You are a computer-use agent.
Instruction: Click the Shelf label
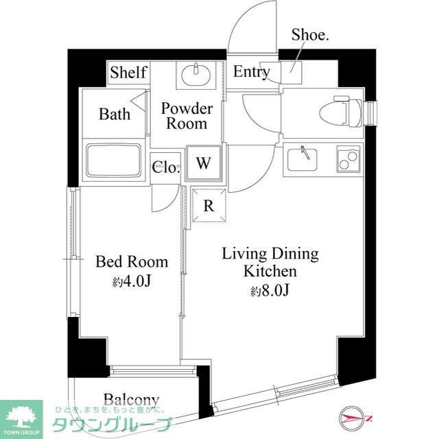click(x=128, y=72)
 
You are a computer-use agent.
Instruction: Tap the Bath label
click(x=114, y=113)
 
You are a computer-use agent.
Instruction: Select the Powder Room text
click(x=187, y=116)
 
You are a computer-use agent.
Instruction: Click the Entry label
click(x=251, y=72)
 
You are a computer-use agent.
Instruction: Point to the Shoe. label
click(x=310, y=35)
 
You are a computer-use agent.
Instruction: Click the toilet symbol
click(x=341, y=109)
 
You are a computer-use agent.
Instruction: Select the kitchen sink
click(x=307, y=159)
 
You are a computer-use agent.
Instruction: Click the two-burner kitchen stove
click(x=348, y=159)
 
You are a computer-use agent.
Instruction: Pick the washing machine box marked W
click(x=203, y=163)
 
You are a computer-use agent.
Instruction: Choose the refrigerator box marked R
click(x=209, y=206)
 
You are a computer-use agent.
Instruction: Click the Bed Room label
click(x=132, y=261)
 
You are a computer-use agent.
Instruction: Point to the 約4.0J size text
click(x=131, y=281)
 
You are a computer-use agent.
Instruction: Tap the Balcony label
click(x=132, y=399)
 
